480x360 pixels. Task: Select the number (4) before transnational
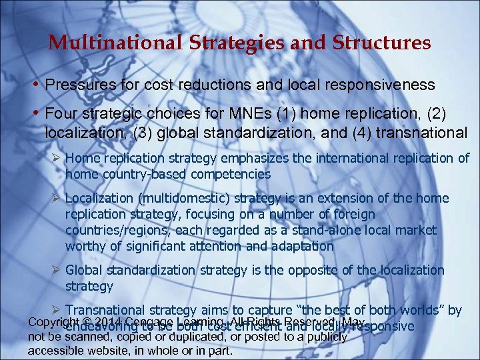coord(359,131)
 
